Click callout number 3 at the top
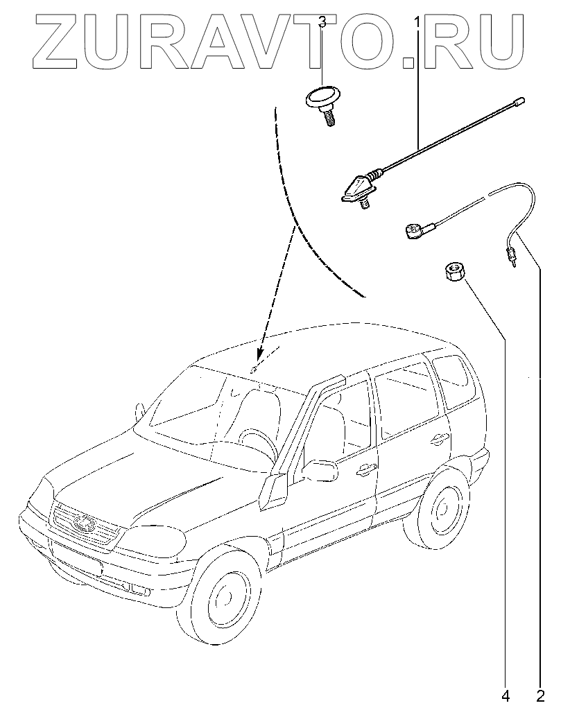tap(322, 22)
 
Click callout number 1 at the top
tap(417, 22)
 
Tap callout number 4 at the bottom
tap(506, 694)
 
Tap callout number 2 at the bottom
tap(540, 694)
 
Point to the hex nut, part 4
tap(454, 270)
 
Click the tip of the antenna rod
tap(519, 103)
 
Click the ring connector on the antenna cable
tap(412, 230)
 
